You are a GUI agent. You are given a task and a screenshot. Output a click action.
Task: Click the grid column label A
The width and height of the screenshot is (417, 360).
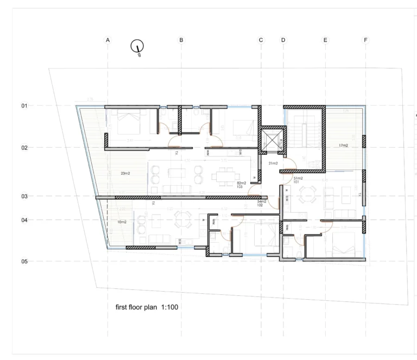click(108, 40)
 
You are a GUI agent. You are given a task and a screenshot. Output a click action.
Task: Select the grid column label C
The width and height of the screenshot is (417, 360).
click(261, 40)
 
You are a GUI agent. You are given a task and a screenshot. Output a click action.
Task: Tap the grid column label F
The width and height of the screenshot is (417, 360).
click(365, 40)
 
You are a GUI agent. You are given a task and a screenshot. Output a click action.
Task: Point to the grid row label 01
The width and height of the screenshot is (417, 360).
click(24, 106)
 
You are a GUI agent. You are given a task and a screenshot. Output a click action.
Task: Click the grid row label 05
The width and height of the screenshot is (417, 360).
click(24, 262)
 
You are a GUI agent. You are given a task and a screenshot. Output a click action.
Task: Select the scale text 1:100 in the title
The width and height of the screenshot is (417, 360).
click(169, 307)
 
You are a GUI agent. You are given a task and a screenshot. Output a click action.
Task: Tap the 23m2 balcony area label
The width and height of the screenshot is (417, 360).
click(125, 174)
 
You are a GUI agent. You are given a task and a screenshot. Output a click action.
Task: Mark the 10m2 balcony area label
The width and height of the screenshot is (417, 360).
click(122, 222)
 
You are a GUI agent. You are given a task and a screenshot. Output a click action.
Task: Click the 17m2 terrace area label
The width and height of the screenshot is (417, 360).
click(343, 146)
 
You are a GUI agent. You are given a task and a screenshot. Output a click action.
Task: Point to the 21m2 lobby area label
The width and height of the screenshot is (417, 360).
click(273, 163)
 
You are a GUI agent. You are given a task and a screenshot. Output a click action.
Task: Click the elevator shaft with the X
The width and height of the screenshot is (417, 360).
click(271, 140)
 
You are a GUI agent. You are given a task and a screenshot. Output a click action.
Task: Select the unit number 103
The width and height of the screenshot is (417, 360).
click(241, 187)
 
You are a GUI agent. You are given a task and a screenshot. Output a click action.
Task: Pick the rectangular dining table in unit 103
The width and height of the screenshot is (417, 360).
click(224, 175)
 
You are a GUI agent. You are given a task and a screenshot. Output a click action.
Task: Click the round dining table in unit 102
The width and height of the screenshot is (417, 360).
click(180, 218)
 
